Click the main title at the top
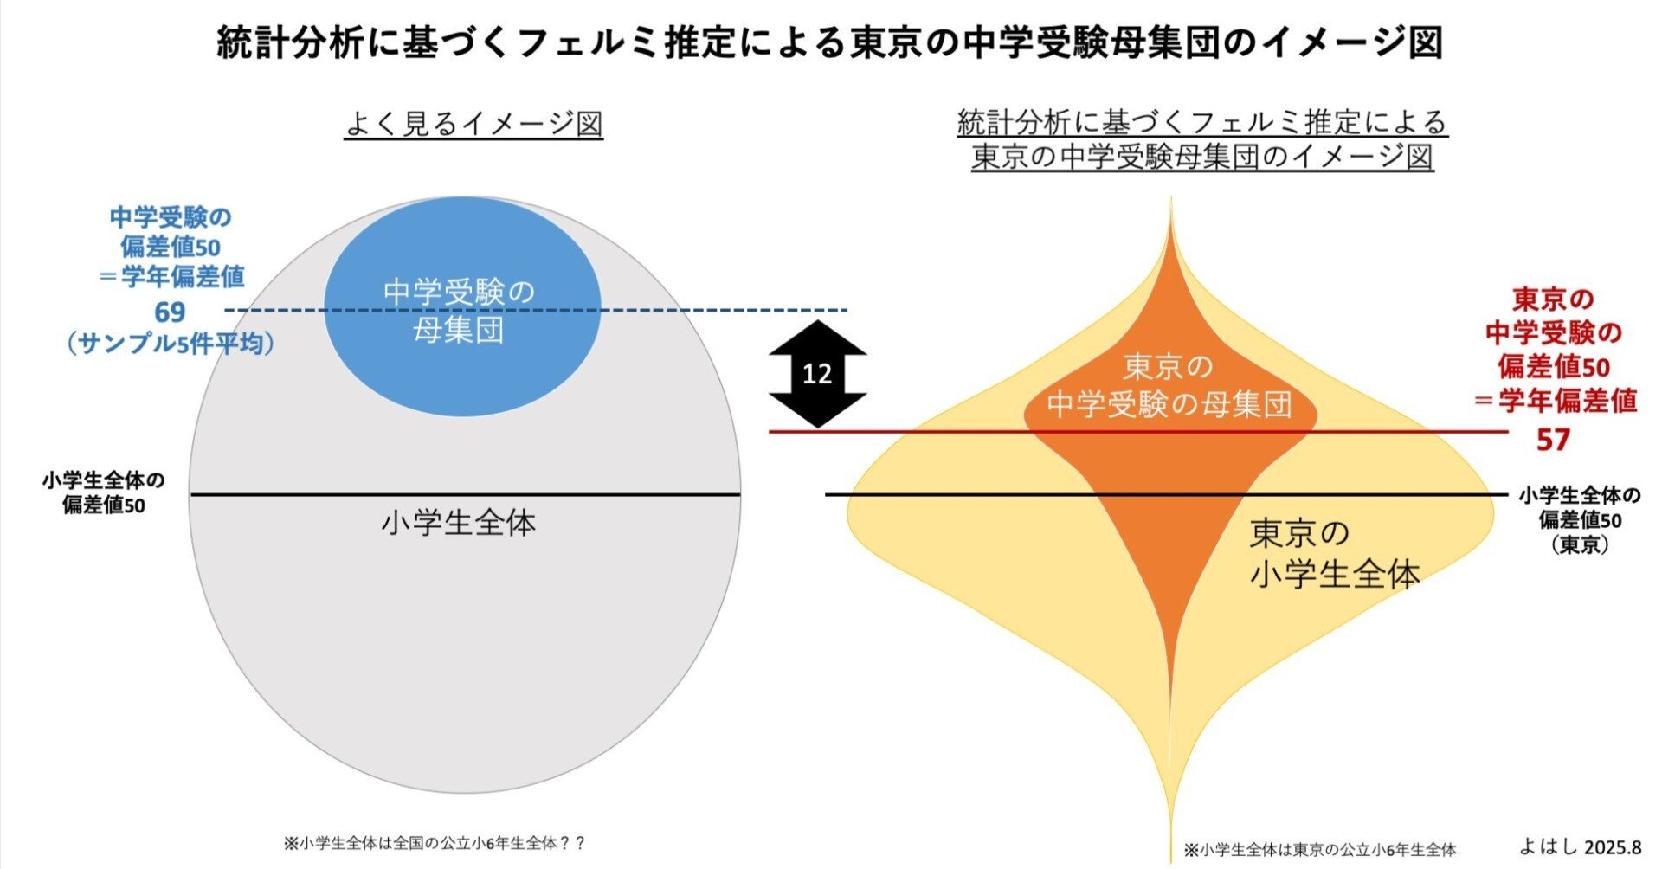coord(829,42)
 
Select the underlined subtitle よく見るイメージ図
coord(473,124)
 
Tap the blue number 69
coord(170,312)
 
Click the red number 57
coord(1552,440)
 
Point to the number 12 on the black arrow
coord(817,373)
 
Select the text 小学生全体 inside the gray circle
coord(459,523)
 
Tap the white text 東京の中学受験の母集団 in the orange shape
coord(1169,386)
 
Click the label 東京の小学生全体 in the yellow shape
coord(1333,554)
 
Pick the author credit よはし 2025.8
coord(1580,846)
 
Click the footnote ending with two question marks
coord(435,843)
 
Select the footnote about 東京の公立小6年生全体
coord(1320,850)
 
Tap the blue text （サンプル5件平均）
coord(170,344)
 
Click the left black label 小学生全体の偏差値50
coord(103,492)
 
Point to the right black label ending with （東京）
coord(1580,519)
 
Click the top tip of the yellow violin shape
coord(1171,201)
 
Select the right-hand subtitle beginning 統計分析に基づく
coord(1202,139)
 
